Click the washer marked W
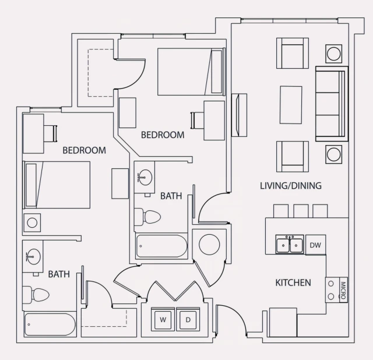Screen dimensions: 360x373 (x=163, y=319)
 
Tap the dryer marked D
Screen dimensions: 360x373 (x=188, y=319)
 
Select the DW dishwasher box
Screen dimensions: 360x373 (x=315, y=245)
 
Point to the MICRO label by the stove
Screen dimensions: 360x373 (x=343, y=290)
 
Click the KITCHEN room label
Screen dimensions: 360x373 (x=293, y=283)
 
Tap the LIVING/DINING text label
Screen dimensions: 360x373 (x=291, y=186)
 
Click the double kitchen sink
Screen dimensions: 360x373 (x=290, y=245)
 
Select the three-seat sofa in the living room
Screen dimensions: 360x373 (x=331, y=104)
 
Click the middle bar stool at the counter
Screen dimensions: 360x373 (x=301, y=210)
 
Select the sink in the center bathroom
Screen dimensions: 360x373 (x=145, y=176)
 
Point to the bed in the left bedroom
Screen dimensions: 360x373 (x=57, y=185)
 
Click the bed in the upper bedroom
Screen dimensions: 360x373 (x=190, y=72)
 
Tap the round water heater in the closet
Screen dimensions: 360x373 (x=209, y=245)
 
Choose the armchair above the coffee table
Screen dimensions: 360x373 (x=291, y=53)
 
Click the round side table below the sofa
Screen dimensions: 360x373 (x=335, y=154)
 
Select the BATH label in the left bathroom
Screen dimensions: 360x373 (x=59, y=273)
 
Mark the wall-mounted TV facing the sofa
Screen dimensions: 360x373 (x=238, y=113)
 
